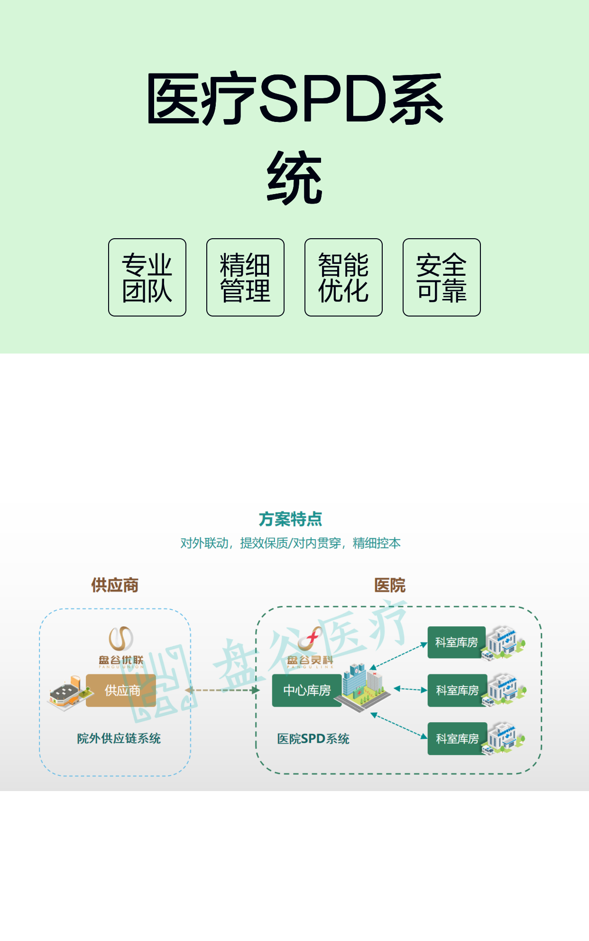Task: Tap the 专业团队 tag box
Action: point(147,277)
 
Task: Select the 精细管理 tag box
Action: point(245,277)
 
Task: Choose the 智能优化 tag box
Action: point(343,277)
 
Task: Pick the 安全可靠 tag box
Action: point(442,277)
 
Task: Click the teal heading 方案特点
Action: point(290,519)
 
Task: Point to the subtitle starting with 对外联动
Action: point(290,543)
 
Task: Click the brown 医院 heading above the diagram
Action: point(390,585)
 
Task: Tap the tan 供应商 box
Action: point(121,690)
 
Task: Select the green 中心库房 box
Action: point(307,690)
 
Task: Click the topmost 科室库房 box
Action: point(457,642)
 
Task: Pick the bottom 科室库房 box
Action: point(457,738)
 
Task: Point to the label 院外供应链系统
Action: point(119,738)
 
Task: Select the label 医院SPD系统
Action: point(313,739)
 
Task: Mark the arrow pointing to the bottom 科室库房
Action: point(399,726)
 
